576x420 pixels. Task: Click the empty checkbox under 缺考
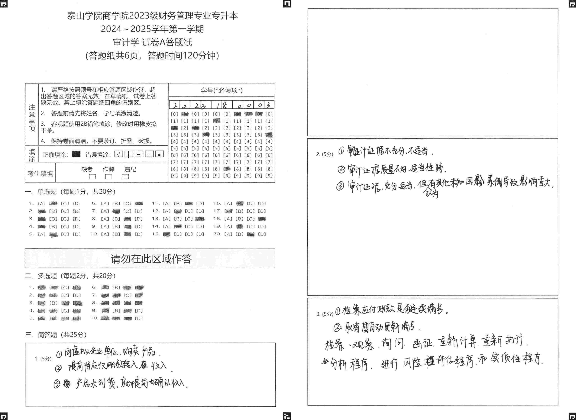[92, 177]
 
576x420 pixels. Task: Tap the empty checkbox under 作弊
[109, 177]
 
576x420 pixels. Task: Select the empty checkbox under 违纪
[125, 177]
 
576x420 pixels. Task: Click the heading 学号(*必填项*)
[221, 90]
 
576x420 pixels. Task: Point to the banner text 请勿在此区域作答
[151, 259]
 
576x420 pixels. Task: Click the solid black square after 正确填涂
[76, 154]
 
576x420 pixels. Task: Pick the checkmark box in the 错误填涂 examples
[118, 154]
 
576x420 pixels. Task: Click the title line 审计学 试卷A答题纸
[152, 42]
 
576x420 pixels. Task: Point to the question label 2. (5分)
[324, 154]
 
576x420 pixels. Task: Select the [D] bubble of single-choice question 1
[77, 203]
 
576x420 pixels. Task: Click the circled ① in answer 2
[341, 151]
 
